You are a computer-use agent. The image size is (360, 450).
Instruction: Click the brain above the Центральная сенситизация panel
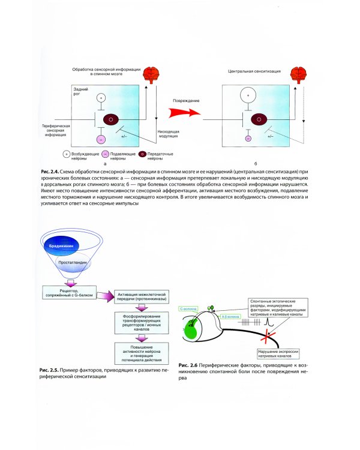(x=296, y=76)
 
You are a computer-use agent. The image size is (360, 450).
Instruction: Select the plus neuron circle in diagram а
(x=101, y=97)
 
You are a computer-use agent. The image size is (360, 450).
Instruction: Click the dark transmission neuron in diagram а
(x=110, y=120)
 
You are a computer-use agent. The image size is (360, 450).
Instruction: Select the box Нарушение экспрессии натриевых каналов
(x=274, y=353)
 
